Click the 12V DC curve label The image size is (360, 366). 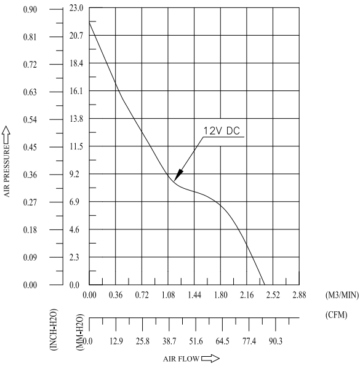point(222,130)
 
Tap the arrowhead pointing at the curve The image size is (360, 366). point(178,175)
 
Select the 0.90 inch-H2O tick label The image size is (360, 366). point(30,10)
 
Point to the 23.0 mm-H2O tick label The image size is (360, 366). point(76,8)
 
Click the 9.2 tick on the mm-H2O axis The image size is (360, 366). point(74,174)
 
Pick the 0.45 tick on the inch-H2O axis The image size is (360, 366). point(30,147)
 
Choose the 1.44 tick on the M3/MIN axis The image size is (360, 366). point(194,295)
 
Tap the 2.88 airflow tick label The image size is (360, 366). point(299,295)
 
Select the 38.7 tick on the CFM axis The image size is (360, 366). point(169,341)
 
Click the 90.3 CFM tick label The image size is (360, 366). point(276,341)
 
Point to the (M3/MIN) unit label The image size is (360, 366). point(342,295)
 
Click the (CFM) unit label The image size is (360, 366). point(336,315)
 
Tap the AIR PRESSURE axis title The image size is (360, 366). point(7,171)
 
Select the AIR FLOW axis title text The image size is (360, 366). point(181,359)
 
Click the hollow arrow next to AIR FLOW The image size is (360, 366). point(210,358)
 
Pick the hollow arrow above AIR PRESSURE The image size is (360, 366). point(6,135)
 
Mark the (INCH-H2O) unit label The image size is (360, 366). point(54,330)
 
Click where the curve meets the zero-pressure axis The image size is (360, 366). point(265,285)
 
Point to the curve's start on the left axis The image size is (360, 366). point(89,22)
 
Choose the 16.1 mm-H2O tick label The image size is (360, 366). point(76,91)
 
